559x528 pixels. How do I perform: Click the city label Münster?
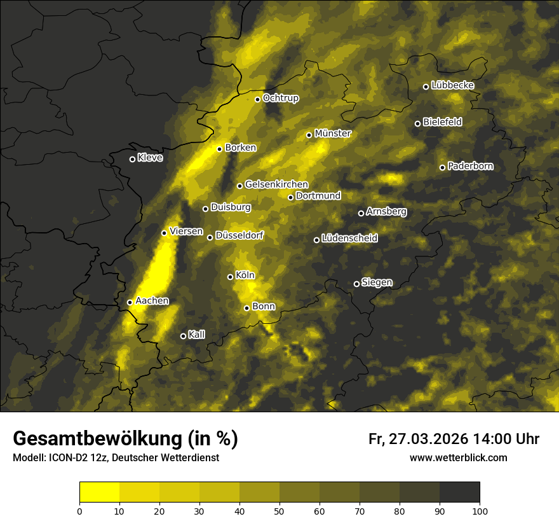tap(333, 134)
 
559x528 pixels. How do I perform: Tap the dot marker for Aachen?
tap(130, 302)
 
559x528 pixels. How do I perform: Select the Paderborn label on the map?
tap(471, 166)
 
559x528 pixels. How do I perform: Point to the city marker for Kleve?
tap(132, 159)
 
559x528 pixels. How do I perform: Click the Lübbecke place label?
tap(452, 85)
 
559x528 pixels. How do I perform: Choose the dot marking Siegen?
tap(356, 284)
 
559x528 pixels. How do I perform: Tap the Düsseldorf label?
tap(239, 235)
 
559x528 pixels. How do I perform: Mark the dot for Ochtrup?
tap(258, 99)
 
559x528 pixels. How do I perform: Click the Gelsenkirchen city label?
tap(276, 184)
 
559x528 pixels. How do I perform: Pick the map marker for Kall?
tap(183, 336)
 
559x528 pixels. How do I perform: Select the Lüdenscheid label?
tap(350, 238)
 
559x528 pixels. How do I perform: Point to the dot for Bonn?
tap(247, 308)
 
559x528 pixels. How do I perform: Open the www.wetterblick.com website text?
tap(459, 457)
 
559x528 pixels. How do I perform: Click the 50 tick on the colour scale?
tap(279, 510)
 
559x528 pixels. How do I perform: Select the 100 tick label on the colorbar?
tap(480, 510)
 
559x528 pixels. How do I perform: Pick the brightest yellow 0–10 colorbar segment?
tap(100, 492)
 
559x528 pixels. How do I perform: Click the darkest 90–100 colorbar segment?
tap(459, 492)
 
